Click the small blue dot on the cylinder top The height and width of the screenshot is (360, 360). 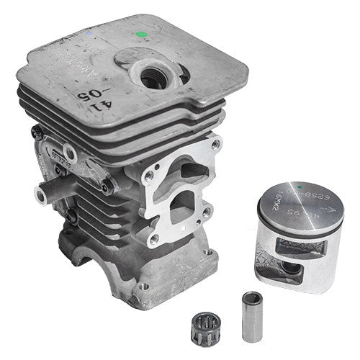87,33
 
